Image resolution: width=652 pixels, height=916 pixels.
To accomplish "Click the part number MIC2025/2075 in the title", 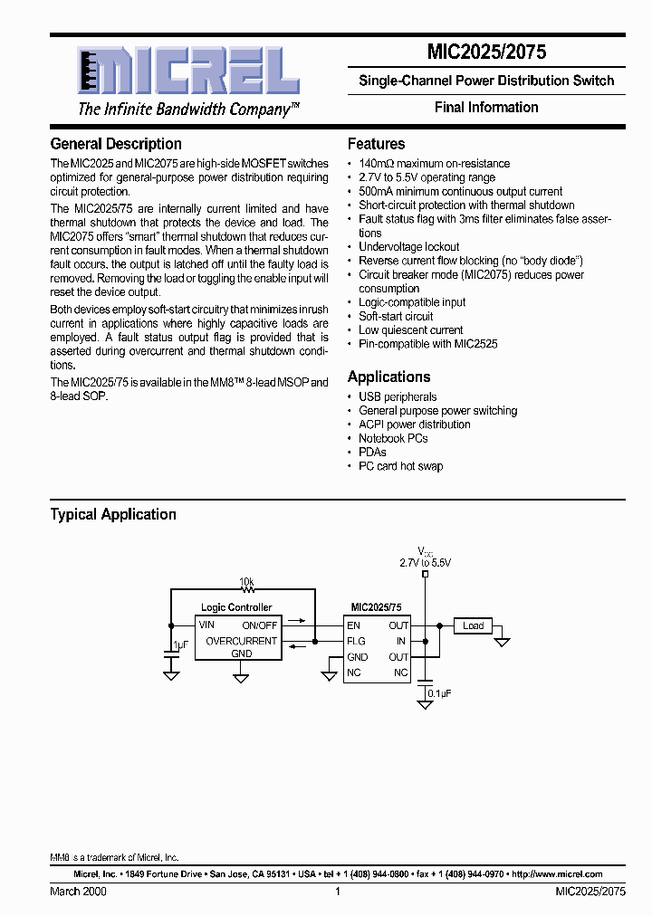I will (486, 52).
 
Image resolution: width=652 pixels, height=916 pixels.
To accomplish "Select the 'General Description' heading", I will (116, 144).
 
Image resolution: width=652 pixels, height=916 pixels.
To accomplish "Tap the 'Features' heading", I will (376, 144).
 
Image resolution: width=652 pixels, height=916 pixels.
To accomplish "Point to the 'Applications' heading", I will (389, 377).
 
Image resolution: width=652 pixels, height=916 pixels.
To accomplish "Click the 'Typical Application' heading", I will (113, 514).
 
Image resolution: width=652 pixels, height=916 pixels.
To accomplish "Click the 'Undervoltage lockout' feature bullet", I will (408, 247).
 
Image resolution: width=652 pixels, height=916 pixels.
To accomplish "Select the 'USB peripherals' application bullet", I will (398, 397).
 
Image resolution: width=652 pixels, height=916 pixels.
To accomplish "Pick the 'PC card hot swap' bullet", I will (400, 466).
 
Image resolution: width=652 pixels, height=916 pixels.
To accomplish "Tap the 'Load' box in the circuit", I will (473, 625).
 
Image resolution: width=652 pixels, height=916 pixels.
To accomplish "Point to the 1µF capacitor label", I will (180, 646).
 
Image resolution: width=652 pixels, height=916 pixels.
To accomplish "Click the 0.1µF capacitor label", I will (439, 692).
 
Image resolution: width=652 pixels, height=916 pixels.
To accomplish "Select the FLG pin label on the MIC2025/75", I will (356, 641).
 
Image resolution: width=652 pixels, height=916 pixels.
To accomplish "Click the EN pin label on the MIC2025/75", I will (353, 625).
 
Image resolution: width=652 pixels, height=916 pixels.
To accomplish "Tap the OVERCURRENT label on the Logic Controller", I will (241, 641).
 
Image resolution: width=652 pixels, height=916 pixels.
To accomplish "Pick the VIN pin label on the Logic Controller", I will (207, 625).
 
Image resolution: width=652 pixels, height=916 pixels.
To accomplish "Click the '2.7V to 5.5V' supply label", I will (425, 562).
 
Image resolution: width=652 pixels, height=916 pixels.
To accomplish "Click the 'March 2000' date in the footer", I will (77, 892).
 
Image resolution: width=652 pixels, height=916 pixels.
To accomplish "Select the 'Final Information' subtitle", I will (486, 107).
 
